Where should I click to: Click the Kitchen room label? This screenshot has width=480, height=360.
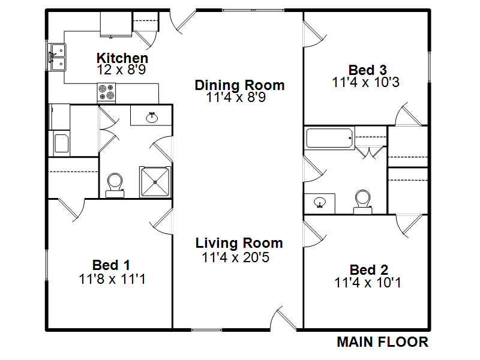point(122,58)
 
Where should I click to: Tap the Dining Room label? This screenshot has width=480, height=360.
point(239,85)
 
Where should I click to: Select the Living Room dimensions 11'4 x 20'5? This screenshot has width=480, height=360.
point(235,257)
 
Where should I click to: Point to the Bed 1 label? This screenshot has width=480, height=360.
point(111,265)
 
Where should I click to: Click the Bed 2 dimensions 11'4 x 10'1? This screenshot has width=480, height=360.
point(368,282)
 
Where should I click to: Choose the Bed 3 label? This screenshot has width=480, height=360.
point(367,70)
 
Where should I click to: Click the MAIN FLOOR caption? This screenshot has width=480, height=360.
point(382,342)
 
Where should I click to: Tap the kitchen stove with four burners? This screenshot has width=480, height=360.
point(106,92)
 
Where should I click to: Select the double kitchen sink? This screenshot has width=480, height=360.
point(58,57)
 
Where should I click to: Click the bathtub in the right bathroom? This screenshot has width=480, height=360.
point(329,139)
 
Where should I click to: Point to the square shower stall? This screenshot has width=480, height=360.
point(155,182)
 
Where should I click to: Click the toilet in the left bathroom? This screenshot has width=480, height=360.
point(115,185)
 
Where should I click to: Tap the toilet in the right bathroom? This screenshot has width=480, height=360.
point(363,202)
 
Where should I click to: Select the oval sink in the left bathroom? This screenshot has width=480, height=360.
point(152,117)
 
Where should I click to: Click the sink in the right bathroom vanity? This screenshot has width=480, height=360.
point(320,202)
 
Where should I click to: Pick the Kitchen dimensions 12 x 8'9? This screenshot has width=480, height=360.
point(121,70)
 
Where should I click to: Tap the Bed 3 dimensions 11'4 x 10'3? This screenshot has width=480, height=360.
point(366,82)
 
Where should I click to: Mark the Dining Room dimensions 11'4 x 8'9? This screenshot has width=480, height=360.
point(236,97)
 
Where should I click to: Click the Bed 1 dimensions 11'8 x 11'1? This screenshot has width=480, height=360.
point(112,279)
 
